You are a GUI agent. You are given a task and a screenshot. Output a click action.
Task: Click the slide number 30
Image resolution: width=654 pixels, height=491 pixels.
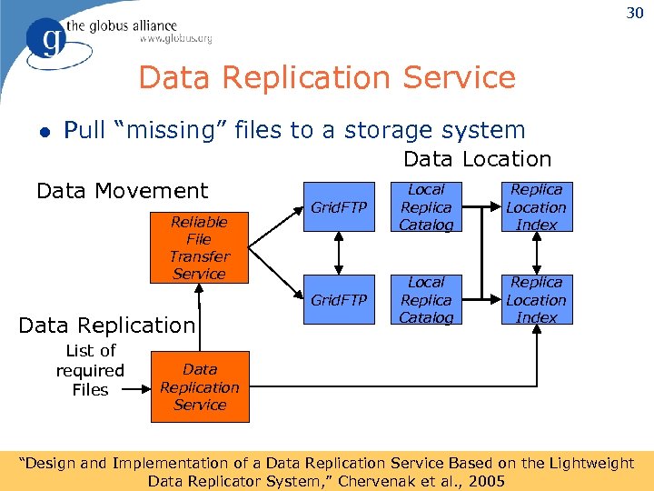pyautogui.click(x=633, y=13)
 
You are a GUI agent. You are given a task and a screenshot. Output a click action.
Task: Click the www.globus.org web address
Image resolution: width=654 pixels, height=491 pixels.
pyautogui.click(x=175, y=39)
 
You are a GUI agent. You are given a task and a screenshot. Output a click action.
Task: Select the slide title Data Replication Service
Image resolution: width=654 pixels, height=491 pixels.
pyautogui.click(x=327, y=78)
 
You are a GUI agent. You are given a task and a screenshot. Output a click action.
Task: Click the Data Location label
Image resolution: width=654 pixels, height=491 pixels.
pyautogui.click(x=477, y=159)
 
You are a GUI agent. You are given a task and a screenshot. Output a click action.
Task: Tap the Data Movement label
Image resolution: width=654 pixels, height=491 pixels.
pyautogui.click(x=122, y=191)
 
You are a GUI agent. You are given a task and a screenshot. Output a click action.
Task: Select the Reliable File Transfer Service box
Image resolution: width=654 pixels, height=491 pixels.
pyautogui.click(x=199, y=247)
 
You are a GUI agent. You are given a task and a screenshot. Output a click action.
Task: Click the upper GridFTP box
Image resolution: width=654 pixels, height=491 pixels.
pyautogui.click(x=339, y=207)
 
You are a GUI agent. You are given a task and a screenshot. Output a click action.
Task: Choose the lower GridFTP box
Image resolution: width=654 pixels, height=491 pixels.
pyautogui.click(x=339, y=300)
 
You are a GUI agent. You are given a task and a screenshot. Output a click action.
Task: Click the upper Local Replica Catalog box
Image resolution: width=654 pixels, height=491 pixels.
pyautogui.click(x=426, y=207)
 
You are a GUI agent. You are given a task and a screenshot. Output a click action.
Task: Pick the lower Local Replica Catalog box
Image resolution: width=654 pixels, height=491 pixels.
pyautogui.click(x=426, y=300)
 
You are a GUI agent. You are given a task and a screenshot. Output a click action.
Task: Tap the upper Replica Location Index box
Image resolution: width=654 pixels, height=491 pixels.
pyautogui.click(x=536, y=207)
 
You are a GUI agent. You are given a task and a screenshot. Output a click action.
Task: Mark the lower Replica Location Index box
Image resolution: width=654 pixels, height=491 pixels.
pyautogui.click(x=536, y=300)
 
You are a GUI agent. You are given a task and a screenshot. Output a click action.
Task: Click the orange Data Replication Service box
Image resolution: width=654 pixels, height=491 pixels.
pyautogui.click(x=199, y=387)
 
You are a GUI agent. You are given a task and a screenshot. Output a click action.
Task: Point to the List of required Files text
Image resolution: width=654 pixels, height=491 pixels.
pyautogui.click(x=90, y=370)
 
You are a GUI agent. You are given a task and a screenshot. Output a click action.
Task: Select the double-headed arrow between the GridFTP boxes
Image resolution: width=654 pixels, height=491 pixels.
pyautogui.click(x=339, y=254)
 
